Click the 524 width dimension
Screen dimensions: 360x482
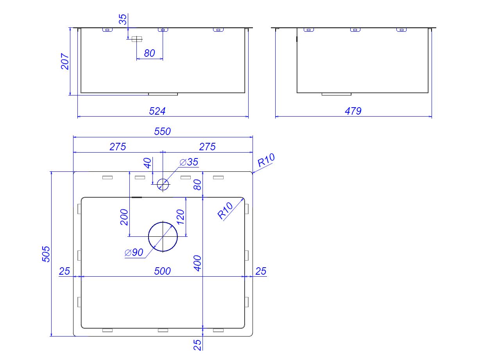click(157, 111)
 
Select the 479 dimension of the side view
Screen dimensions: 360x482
click(353, 111)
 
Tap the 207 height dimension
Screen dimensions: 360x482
click(65, 61)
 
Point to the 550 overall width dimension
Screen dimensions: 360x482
click(162, 131)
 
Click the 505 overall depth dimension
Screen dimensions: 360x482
click(46, 254)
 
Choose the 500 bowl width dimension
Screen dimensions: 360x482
click(162, 271)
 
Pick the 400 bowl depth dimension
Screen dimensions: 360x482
click(197, 263)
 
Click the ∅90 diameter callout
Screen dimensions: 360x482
click(134, 253)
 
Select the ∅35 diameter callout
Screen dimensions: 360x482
click(189, 162)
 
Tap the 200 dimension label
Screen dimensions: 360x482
click(124, 217)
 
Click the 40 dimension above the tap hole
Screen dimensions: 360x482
click(147, 163)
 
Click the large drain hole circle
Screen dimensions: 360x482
click(163, 236)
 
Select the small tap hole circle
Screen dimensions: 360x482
click(163, 184)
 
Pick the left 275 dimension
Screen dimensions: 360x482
click(118, 147)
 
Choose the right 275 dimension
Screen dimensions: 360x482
click(207, 147)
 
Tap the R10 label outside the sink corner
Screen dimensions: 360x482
click(266, 160)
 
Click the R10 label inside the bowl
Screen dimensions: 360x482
click(226, 210)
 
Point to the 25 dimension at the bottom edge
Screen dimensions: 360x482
click(197, 344)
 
